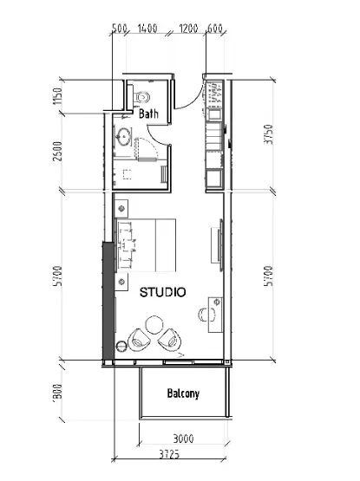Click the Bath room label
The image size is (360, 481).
point(147,114)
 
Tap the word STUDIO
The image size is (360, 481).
point(162,292)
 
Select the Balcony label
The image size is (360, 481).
point(183,393)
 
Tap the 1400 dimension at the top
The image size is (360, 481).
point(147,29)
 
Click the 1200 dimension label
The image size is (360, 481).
point(189,29)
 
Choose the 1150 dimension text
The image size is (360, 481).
point(57,96)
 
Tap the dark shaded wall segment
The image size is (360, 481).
point(108,300)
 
